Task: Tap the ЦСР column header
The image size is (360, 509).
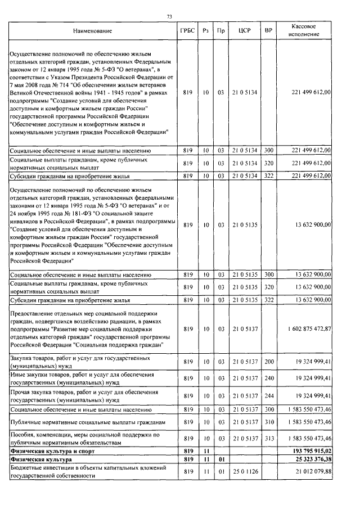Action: pos(244,30)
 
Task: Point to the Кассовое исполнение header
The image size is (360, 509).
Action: pos(307,30)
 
